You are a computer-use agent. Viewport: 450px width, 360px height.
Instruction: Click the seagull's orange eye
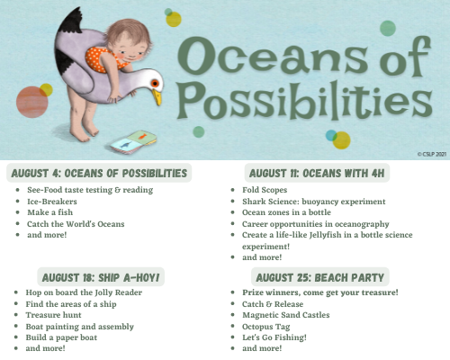coord(155,83)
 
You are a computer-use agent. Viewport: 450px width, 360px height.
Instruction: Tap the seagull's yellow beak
coord(157,97)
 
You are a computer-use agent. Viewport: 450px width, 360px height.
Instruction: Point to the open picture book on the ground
coord(134,142)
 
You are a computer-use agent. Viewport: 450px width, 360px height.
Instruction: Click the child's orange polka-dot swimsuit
coord(102,59)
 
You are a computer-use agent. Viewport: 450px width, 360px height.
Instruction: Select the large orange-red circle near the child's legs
coord(32,102)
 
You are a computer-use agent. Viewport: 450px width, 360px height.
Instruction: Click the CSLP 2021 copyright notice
coord(432,154)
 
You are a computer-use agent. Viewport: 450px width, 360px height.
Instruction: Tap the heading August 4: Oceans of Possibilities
coord(99,173)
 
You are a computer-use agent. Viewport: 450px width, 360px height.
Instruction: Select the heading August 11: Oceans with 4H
coord(317,173)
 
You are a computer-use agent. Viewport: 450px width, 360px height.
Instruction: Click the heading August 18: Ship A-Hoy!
coord(101,277)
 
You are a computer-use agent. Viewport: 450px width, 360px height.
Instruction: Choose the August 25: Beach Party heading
coord(320,277)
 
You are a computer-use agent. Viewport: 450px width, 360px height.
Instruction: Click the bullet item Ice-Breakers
coord(52,202)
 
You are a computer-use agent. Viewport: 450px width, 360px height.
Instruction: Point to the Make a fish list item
coord(50,212)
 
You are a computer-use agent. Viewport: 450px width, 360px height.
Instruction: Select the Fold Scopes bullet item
coord(265,190)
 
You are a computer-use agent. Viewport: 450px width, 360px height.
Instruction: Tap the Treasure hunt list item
coord(53,315)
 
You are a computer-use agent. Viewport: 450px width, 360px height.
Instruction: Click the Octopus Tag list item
coord(266,327)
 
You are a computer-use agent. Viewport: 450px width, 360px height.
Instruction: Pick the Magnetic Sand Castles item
coord(286,315)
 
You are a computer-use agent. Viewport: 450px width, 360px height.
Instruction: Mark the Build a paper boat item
coord(61,337)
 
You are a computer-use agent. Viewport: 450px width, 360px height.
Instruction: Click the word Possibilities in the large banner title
coord(304,101)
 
